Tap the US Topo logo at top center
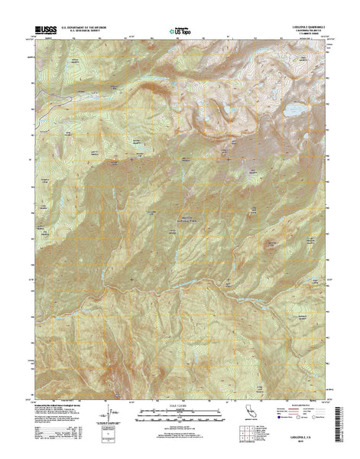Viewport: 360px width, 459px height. [x=178, y=31]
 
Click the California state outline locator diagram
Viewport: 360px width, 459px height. [x=251, y=417]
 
